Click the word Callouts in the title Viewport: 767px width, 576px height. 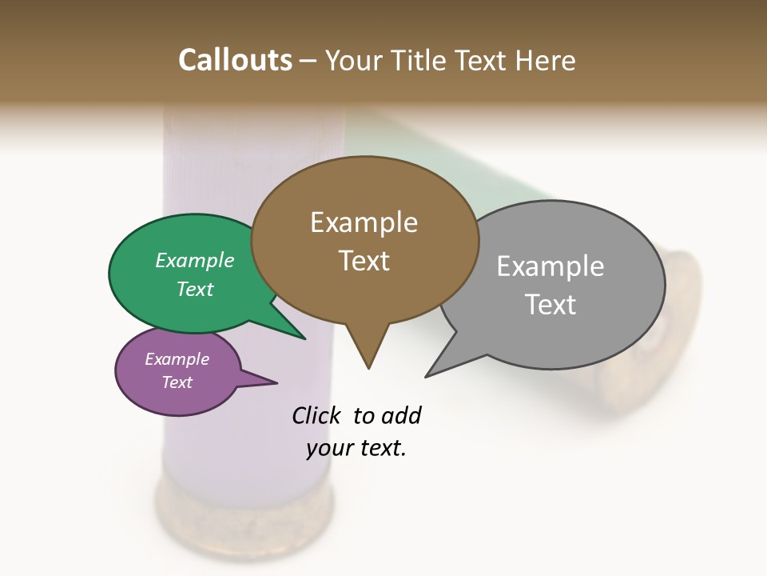pyautogui.click(x=235, y=60)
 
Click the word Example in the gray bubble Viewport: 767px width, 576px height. pyautogui.click(x=550, y=266)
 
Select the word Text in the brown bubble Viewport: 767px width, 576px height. pyautogui.click(x=364, y=261)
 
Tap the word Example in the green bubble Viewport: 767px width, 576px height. pyautogui.click(x=195, y=260)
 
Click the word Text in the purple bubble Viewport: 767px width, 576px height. pyautogui.click(x=177, y=382)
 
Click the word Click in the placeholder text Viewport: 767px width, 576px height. pyautogui.click(x=318, y=415)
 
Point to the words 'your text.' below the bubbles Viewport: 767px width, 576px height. pyautogui.click(x=356, y=448)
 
